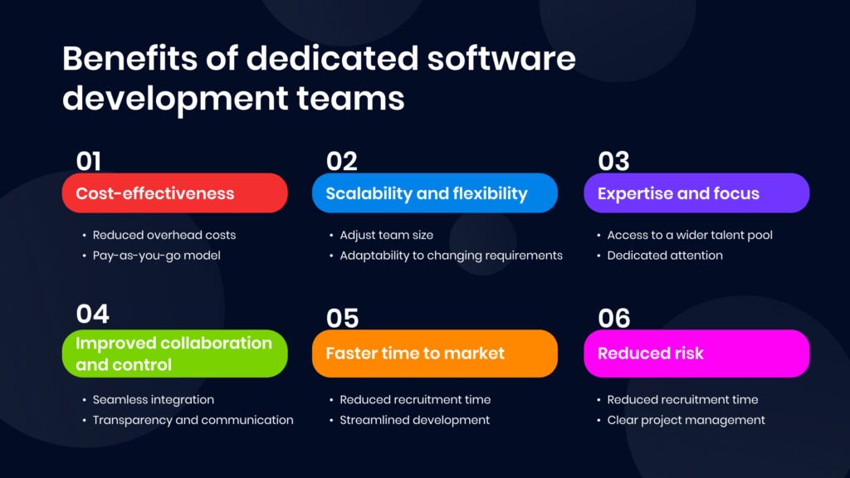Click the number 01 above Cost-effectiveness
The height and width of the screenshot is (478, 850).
click(89, 161)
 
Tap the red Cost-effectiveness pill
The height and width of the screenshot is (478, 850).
click(174, 193)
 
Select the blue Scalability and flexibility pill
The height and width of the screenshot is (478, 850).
click(434, 193)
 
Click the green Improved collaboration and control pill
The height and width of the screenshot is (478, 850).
click(174, 354)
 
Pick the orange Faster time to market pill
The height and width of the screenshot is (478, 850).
click(434, 354)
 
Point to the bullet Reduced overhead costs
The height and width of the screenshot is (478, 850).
click(164, 235)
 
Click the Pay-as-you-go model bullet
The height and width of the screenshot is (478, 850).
click(156, 256)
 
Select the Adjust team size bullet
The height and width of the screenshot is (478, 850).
click(386, 235)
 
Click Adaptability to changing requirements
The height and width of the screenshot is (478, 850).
click(451, 256)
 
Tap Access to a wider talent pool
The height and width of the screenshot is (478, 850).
click(689, 235)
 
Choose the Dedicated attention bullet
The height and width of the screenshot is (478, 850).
click(664, 256)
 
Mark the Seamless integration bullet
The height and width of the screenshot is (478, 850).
click(153, 400)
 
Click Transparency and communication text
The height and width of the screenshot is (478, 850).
click(193, 420)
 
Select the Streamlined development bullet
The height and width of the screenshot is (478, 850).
click(414, 420)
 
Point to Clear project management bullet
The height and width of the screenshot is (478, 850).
click(686, 420)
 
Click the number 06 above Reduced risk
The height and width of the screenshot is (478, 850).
click(614, 319)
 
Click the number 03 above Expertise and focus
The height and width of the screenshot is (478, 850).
click(613, 161)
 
